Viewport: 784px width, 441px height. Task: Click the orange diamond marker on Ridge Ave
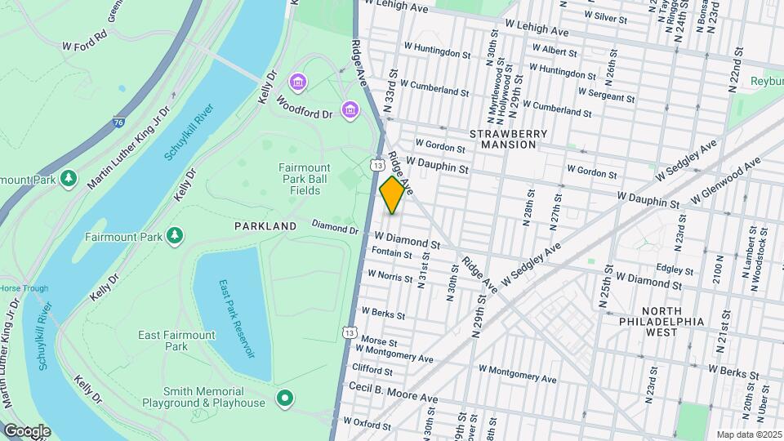393,195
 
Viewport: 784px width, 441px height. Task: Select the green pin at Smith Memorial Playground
284,398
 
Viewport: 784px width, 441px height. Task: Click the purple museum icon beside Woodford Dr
350,109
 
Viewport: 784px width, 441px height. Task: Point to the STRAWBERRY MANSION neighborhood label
503,138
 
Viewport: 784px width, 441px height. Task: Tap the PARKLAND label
265,225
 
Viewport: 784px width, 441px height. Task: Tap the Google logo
27,430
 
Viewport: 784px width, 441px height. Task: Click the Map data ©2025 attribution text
748,434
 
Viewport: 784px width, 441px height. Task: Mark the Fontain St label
392,254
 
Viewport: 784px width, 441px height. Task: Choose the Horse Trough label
24,288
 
